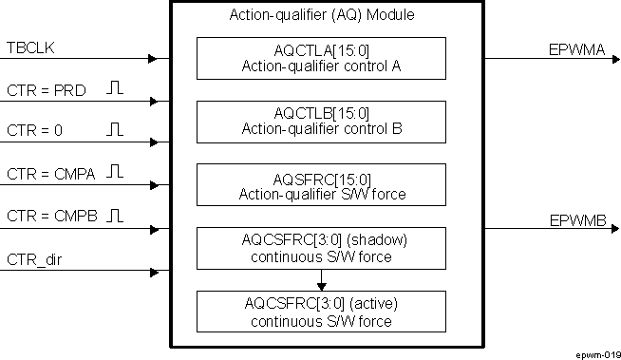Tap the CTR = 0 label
coord(33,129)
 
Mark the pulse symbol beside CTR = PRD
coord(115,88)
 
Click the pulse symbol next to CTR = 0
coord(115,128)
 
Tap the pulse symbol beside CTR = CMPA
coord(115,172)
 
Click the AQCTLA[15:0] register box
coord(321,58)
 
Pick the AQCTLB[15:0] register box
coord(321,122)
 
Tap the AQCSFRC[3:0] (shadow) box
coord(321,248)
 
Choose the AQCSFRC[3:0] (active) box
coord(321,312)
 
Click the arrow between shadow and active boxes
coord(321,280)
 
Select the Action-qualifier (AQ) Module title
coord(322,16)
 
